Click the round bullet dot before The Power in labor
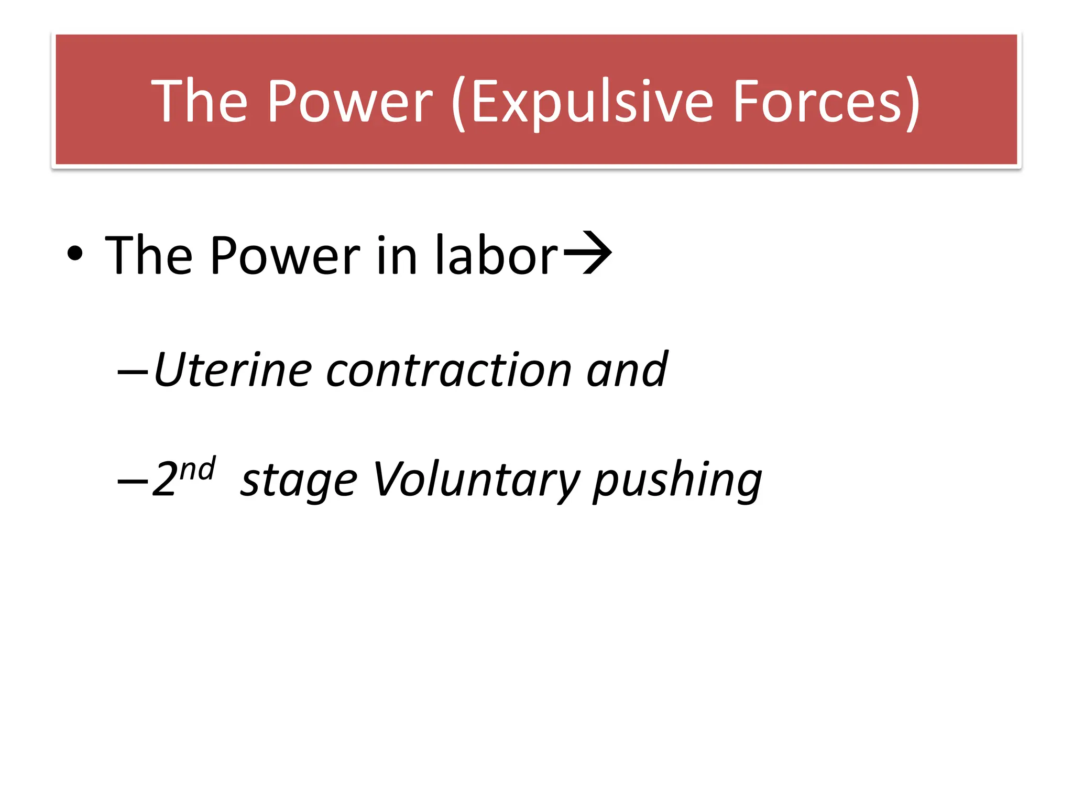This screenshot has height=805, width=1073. coord(75,254)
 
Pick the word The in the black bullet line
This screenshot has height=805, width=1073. coord(149,255)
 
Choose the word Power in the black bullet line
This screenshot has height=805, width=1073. coord(286,255)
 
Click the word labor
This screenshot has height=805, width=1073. coord(497,255)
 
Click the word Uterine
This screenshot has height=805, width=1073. coord(233,370)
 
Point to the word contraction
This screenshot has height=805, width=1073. coord(448,370)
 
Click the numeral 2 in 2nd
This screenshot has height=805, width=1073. coord(165,479)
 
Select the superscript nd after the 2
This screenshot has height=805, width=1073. coord(198,468)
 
